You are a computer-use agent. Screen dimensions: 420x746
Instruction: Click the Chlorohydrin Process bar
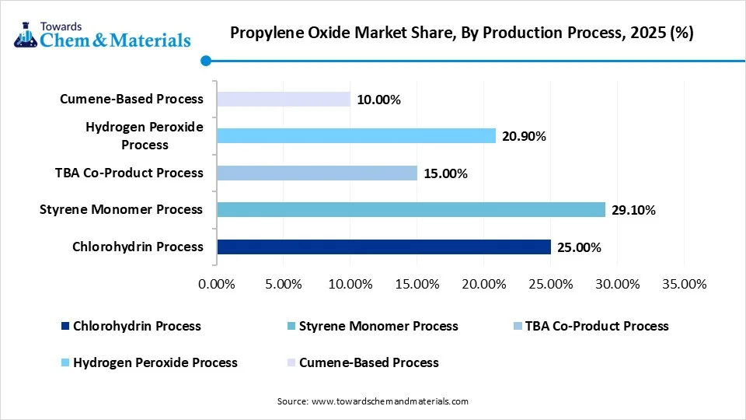[384, 247]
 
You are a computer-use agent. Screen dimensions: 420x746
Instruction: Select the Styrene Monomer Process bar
[411, 209]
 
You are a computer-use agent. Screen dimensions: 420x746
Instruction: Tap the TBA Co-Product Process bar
[317, 173]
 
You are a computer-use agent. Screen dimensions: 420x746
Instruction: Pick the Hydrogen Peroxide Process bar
[357, 136]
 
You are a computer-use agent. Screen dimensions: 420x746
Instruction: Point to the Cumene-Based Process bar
[284, 99]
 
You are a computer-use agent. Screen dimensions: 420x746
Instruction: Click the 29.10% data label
[633, 210]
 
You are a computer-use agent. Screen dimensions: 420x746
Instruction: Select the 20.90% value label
[525, 137]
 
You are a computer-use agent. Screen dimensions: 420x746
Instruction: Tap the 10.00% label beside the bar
[378, 100]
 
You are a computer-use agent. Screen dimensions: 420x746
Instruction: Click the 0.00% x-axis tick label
[217, 285]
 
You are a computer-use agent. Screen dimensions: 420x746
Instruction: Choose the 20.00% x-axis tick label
[483, 285]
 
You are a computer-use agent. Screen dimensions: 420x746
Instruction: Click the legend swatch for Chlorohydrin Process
[65, 327]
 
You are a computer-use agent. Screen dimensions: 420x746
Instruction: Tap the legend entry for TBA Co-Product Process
[597, 326]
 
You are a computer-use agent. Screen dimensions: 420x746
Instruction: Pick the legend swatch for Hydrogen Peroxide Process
[65, 363]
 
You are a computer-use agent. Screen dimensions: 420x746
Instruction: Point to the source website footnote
[373, 401]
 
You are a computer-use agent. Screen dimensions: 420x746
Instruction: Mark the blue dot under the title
[206, 61]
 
